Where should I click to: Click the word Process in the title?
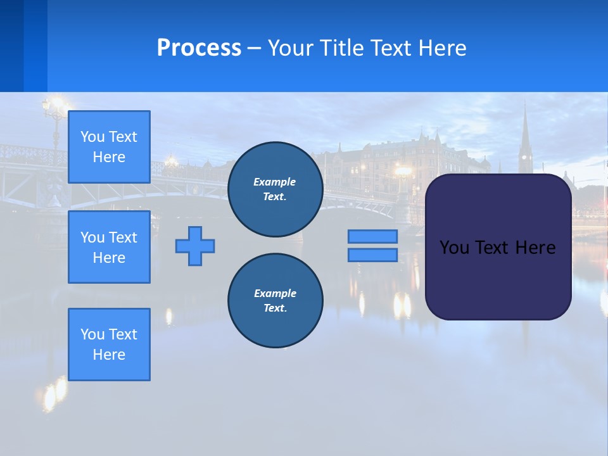199,48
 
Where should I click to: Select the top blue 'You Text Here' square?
109,147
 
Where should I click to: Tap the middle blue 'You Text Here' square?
109,247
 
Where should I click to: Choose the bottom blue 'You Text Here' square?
109,345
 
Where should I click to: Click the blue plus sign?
195,246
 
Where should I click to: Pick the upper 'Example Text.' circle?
275,189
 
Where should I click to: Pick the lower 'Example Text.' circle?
275,301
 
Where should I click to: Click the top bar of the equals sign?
372,236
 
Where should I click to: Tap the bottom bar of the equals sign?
372,255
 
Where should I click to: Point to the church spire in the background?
525,136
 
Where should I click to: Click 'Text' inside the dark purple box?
492,248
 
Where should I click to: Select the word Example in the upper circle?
275,182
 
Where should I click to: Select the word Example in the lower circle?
275,293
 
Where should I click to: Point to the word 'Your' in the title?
290,48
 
